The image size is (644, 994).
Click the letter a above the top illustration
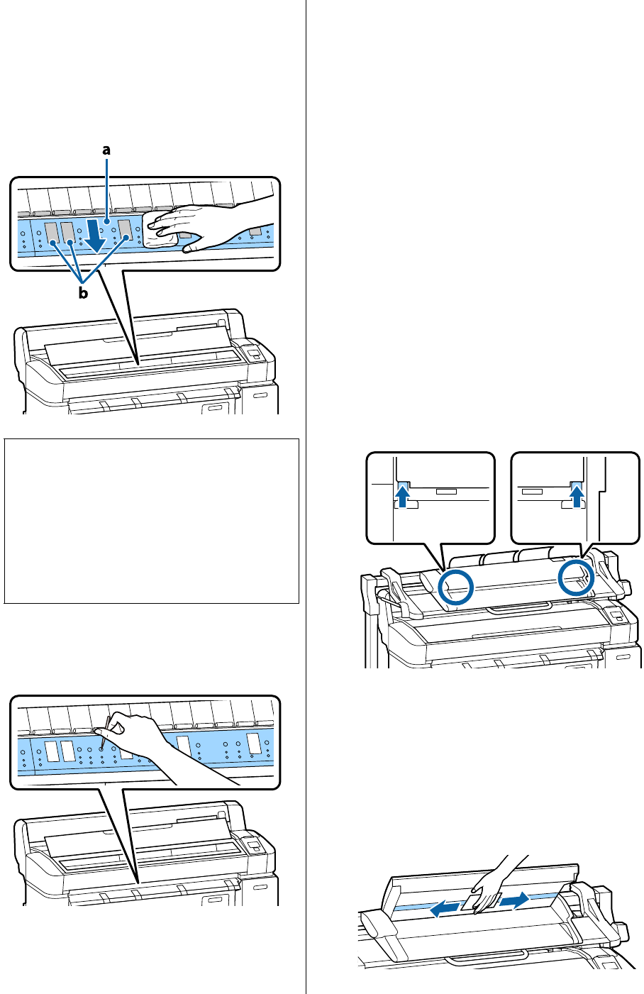point(106,150)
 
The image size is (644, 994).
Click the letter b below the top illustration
point(83,293)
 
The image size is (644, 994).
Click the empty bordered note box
point(151,521)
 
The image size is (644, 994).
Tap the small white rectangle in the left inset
point(447,490)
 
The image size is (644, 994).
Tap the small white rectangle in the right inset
point(531,490)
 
